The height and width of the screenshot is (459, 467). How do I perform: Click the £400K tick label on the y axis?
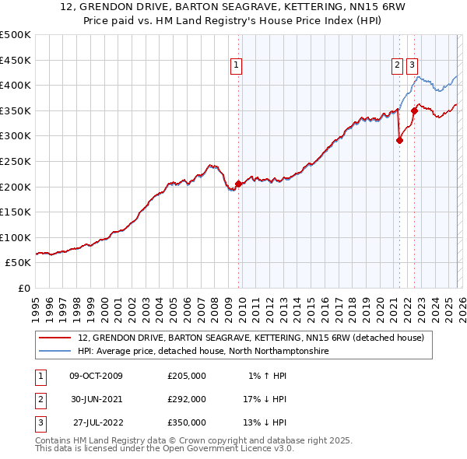click(x=16, y=86)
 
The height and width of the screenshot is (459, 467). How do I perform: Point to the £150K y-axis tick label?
click(x=16, y=212)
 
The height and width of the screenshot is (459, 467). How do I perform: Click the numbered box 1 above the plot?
click(x=236, y=65)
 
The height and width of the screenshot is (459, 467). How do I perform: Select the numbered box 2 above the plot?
click(x=397, y=65)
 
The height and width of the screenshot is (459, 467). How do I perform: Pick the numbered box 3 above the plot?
click(x=412, y=65)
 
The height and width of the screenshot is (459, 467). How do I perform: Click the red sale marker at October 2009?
click(x=238, y=184)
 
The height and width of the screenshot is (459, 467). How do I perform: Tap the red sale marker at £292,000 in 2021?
click(x=399, y=141)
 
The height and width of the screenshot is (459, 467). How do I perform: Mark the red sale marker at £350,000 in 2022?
click(x=414, y=111)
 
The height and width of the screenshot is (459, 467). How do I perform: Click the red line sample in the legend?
click(x=56, y=338)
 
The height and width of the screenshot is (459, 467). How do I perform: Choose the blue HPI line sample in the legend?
click(x=56, y=352)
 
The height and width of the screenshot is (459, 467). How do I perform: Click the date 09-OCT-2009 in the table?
click(x=97, y=376)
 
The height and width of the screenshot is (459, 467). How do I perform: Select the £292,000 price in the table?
click(x=187, y=399)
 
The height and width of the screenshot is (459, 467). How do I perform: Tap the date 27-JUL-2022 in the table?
click(x=97, y=422)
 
